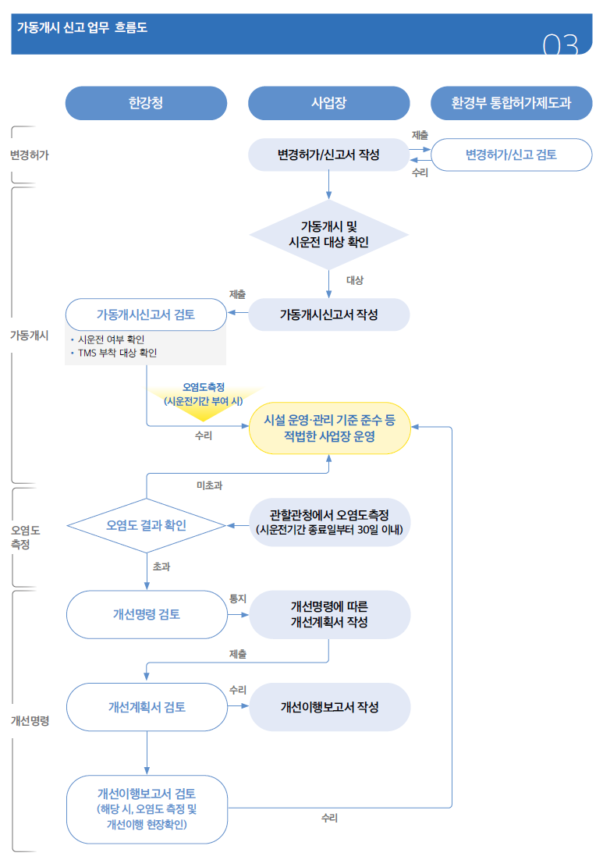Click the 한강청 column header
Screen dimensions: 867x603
[146, 103]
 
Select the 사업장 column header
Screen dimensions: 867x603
[328, 103]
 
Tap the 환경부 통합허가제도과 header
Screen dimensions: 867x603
[511, 103]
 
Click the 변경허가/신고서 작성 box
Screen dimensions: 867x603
[328, 155]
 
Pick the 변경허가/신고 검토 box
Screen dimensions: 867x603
[511, 155]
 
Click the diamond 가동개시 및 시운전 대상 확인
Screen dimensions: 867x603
[328, 234]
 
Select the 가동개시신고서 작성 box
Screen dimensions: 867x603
[328, 314]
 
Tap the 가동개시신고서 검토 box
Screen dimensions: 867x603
[146, 314]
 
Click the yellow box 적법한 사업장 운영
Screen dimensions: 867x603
[329, 428]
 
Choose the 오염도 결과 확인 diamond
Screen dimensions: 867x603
[146, 525]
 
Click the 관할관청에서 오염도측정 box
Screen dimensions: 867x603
[329, 522]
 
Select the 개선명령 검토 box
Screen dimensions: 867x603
[146, 614]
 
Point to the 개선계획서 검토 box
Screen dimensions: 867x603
[146, 707]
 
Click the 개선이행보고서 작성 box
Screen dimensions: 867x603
[329, 707]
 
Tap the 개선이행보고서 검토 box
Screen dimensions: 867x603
[146, 809]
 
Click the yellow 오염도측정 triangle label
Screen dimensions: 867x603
[204, 394]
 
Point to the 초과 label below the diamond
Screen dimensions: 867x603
[161, 567]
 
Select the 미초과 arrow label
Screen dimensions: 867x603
[209, 485]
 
